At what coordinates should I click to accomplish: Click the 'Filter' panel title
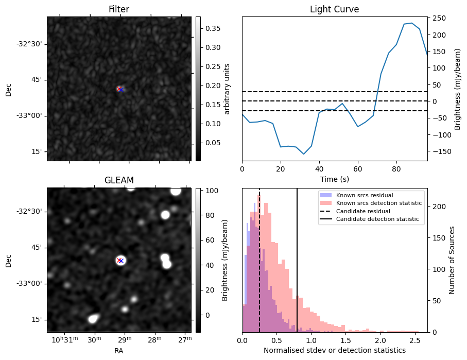tap(118, 9)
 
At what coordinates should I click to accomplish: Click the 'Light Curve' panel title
tap(334, 9)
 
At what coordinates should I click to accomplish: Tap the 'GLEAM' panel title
tap(118, 180)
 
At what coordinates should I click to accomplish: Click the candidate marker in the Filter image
tap(120, 89)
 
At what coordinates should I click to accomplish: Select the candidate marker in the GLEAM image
tap(120, 261)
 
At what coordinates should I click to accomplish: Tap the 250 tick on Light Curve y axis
tap(439, 18)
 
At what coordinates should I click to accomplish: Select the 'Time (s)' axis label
tap(334, 178)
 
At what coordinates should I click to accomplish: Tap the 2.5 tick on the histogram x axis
tap(414, 340)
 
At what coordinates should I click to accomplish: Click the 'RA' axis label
tap(118, 351)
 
